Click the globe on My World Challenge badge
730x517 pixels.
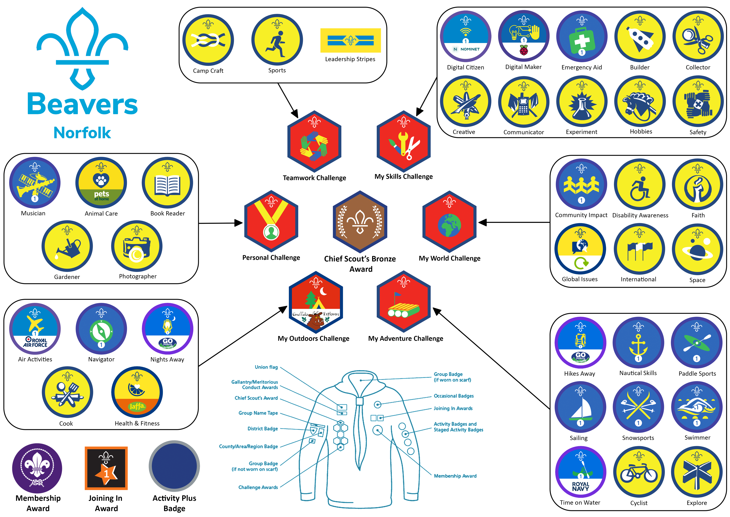point(449,225)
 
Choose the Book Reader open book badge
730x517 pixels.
point(167,183)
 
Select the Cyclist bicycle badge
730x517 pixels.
point(639,472)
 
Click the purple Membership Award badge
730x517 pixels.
point(37,468)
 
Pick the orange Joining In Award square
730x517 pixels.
point(106,468)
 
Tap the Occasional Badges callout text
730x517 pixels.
point(454,396)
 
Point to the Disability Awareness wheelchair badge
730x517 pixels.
point(640,185)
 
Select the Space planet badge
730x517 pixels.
point(698,249)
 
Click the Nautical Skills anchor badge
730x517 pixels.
point(638,343)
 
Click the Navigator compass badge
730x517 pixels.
point(101,329)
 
